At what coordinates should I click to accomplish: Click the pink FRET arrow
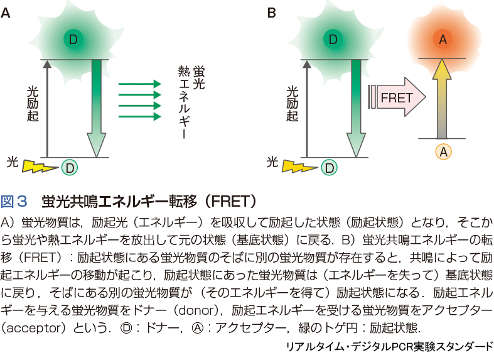pos(401,97)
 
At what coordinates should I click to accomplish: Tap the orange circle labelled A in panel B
pos(443,40)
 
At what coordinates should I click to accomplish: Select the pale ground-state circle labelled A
pos(443,151)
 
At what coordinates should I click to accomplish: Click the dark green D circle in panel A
pos(73,40)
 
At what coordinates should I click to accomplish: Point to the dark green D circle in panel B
pos(333,40)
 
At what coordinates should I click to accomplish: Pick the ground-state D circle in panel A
pos(70,167)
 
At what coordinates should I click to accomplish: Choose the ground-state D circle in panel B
pos(329,167)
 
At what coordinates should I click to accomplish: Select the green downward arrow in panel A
pos(96,107)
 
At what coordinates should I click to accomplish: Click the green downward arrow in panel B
pos(356,107)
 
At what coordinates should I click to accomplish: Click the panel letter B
pos(272,13)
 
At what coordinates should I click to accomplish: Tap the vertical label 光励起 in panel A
pos(33,104)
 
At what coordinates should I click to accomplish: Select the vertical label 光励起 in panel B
pos(293,104)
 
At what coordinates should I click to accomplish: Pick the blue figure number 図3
pos(14,201)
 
